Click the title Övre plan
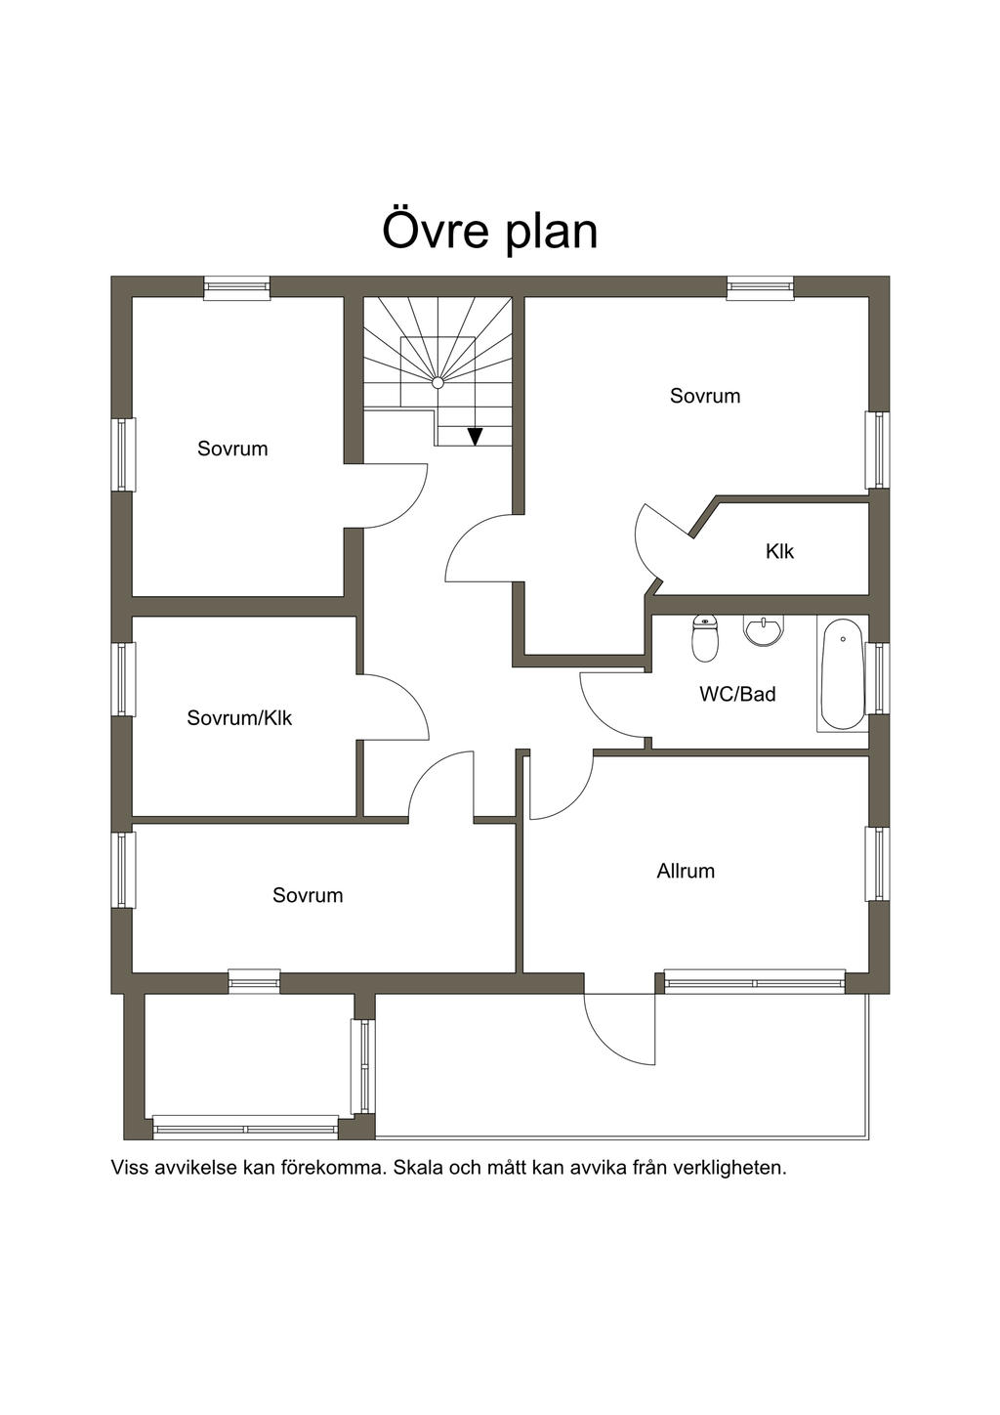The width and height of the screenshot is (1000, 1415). [490, 232]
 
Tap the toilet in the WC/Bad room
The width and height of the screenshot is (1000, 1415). [705, 637]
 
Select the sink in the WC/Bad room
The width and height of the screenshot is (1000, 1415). [764, 630]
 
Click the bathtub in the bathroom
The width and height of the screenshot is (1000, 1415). [843, 673]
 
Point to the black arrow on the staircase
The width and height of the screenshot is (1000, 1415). [475, 437]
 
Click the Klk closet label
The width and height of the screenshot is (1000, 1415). [779, 551]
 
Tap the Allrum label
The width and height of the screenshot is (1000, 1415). [686, 871]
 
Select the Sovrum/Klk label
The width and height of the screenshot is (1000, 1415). [239, 718]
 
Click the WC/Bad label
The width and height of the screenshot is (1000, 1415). [737, 694]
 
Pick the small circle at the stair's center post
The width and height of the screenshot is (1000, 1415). [437, 382]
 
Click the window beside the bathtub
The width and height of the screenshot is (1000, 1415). [877, 678]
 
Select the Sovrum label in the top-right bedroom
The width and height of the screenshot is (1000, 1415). [705, 396]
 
